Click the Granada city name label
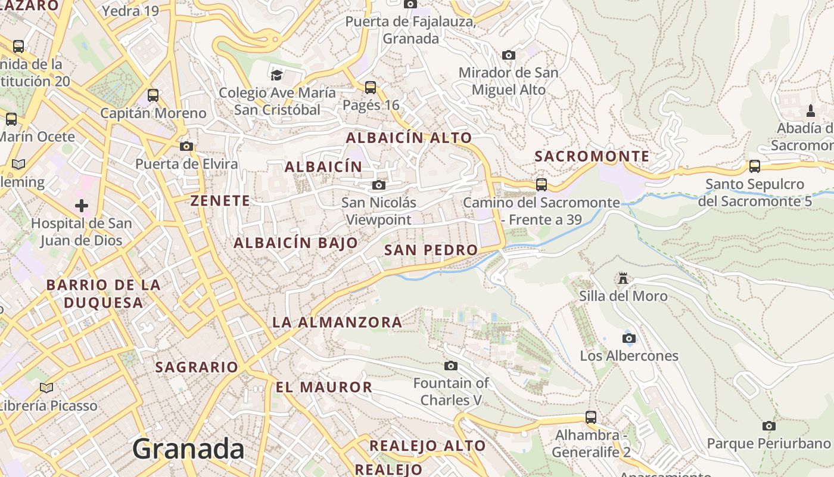[x=188, y=449]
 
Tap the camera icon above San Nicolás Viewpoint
[x=378, y=185]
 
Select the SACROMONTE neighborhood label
[x=592, y=157]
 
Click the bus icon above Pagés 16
[x=371, y=88]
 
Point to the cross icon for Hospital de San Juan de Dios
[x=82, y=206]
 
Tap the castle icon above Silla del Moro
[x=623, y=278]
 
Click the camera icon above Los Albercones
[x=628, y=339]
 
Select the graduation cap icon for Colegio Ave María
[x=276, y=75]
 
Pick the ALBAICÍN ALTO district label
[x=409, y=138]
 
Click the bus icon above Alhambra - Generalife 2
[x=590, y=417]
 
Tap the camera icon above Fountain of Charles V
[x=451, y=366]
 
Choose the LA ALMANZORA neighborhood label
[x=337, y=323]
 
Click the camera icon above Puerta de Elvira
[x=186, y=146]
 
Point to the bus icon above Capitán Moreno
[x=153, y=95]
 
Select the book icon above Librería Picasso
[x=46, y=388]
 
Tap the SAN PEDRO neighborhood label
[x=431, y=250]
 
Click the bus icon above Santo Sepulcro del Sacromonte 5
[x=755, y=166]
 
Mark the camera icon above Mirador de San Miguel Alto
[x=508, y=55]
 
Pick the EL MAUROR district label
[x=323, y=387]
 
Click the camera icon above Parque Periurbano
[x=768, y=426]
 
